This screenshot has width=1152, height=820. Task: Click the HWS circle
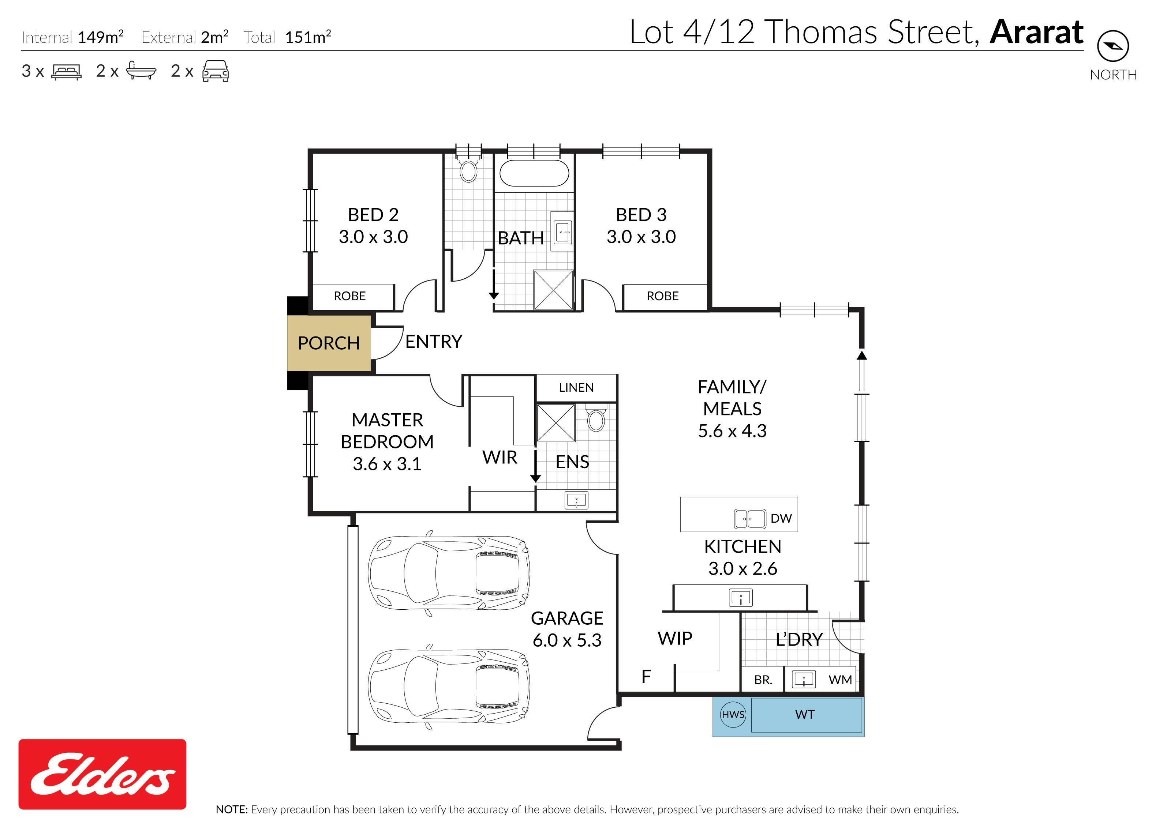coord(733,714)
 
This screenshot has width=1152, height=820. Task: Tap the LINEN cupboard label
coord(576,387)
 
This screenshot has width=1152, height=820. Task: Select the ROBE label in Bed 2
coord(349,296)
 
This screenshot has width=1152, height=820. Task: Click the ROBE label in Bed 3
coord(662,296)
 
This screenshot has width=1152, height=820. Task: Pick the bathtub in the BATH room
coord(534,173)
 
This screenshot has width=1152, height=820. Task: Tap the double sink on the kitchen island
coord(750,519)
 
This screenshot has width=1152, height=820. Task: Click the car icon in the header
coord(215,71)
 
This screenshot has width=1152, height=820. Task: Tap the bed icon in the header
coord(66,72)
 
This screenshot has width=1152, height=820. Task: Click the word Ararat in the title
coord(1036,32)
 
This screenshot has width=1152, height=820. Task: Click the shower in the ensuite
coord(555,423)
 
